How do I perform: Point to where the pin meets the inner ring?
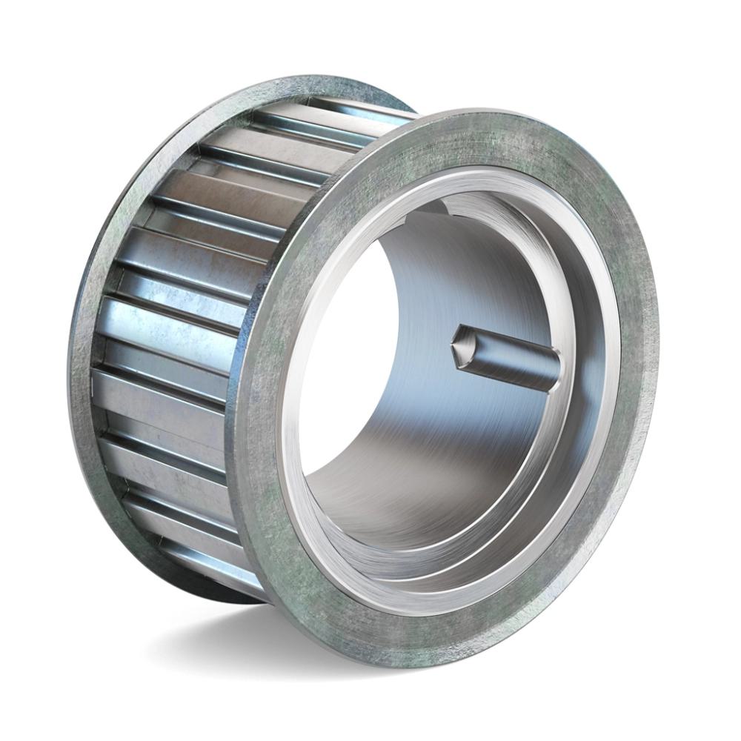[557, 370]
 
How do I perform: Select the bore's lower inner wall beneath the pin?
[415, 489]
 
